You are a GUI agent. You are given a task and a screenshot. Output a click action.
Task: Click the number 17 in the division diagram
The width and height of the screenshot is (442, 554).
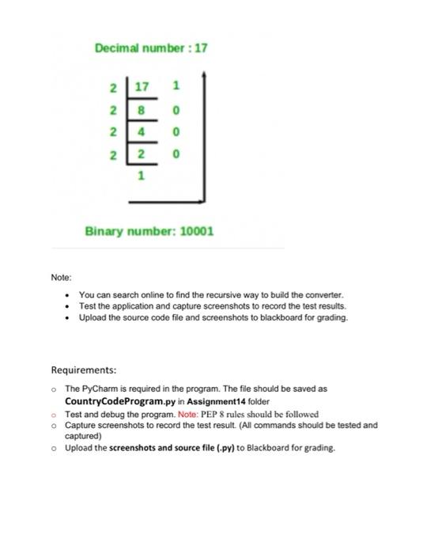[x=142, y=85]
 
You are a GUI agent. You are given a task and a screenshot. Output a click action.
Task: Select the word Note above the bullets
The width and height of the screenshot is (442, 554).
[x=61, y=278]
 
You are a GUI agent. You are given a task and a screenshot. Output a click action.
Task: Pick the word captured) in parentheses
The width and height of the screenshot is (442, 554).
[x=83, y=435]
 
